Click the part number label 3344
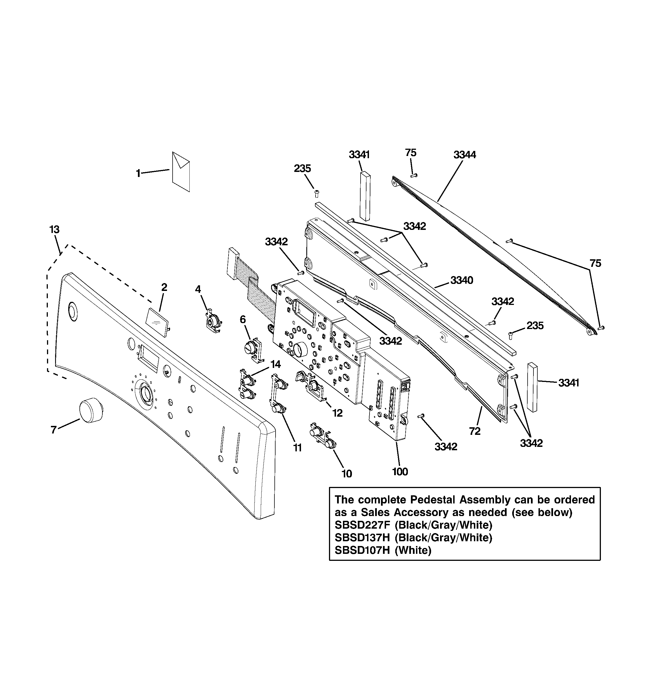464,155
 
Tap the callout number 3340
462,280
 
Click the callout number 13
54,230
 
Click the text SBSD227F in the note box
362,525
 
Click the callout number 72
474,431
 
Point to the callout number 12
337,413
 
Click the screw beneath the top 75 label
413,175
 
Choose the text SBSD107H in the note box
362,550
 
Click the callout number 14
275,365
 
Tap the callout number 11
297,448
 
